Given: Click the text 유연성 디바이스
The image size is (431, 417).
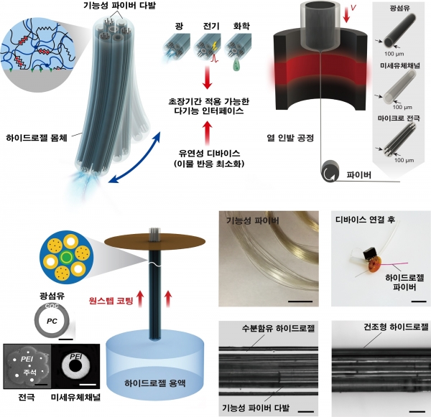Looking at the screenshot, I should (x=209, y=152).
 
